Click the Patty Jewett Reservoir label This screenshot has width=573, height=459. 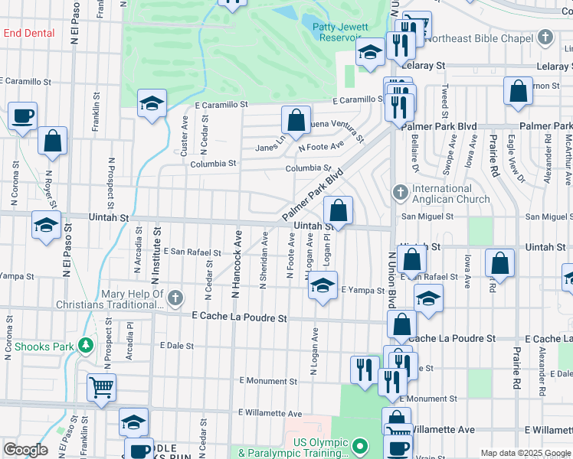(340, 32)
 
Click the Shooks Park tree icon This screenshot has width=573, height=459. (87, 347)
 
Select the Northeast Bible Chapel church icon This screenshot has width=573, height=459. (545, 37)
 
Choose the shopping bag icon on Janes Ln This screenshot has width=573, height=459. (296, 119)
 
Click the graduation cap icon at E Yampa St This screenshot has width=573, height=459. (323, 287)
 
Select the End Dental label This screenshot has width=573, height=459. (29, 34)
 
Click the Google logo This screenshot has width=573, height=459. (25, 450)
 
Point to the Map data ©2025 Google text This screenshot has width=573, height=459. (526, 453)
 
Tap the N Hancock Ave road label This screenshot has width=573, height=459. (237, 264)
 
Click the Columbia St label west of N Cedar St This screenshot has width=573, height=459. (213, 164)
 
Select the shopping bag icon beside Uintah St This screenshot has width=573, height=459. (338, 210)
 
